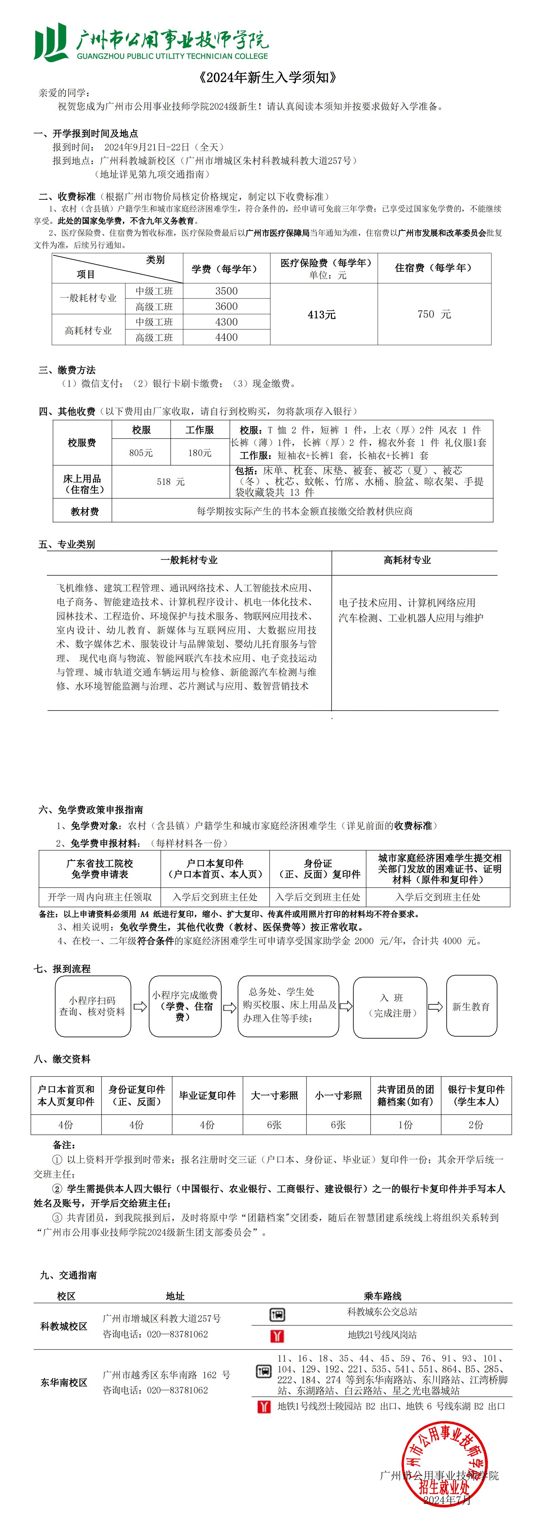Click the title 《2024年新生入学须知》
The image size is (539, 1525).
(269, 77)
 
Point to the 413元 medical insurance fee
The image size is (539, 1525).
(322, 315)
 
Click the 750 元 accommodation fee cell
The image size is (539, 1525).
(434, 315)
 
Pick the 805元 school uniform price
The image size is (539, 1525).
(141, 453)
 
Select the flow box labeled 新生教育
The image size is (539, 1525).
(471, 1006)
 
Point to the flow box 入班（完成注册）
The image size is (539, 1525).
(390, 1006)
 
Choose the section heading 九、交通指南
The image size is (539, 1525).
(68, 1275)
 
